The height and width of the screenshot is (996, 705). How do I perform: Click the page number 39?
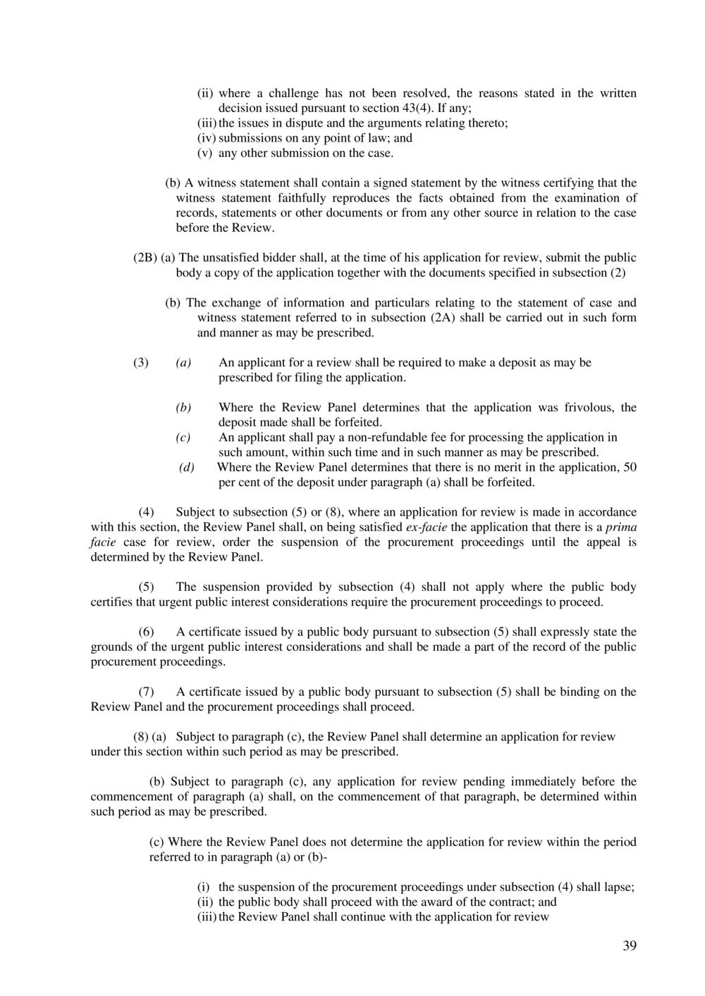pyautogui.click(x=630, y=946)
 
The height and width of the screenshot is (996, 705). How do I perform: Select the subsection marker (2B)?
pyautogui.click(x=145, y=258)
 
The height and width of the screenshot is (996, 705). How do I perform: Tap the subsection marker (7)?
pyautogui.click(x=146, y=692)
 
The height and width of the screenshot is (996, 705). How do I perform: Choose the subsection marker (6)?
pyautogui.click(x=146, y=632)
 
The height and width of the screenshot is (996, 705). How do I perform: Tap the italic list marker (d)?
pyautogui.click(x=187, y=468)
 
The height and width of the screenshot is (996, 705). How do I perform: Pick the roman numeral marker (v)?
pyautogui.click(x=205, y=153)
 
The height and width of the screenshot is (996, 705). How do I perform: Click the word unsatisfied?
pyautogui.click(x=238, y=258)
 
